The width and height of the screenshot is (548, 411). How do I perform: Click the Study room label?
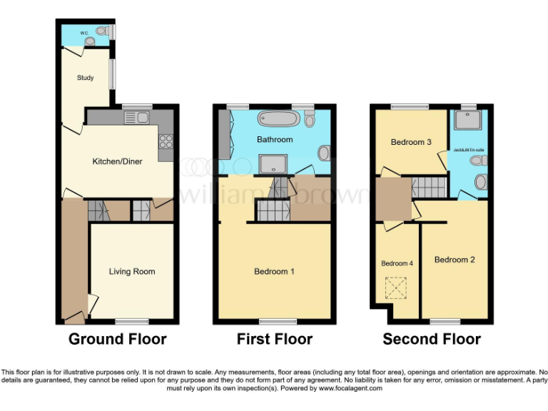85,78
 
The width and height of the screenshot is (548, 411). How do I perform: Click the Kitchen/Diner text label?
118,161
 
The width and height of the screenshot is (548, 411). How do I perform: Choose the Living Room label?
132,271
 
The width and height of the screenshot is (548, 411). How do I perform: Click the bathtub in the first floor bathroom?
274,118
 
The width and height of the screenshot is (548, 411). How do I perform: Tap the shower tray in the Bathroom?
272,165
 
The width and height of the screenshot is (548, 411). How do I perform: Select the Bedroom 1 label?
275,271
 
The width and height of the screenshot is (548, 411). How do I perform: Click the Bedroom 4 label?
397,263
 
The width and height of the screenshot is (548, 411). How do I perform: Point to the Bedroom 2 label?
455,260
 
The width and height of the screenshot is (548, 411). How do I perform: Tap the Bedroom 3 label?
411,142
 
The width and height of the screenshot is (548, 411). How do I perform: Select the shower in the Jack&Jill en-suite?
469,123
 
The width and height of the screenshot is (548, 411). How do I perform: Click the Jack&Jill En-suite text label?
469,150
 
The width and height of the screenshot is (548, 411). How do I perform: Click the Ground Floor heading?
117,339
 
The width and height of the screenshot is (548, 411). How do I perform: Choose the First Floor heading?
275,339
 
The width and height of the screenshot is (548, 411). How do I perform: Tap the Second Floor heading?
432,339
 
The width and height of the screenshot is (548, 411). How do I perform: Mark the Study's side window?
111,73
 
